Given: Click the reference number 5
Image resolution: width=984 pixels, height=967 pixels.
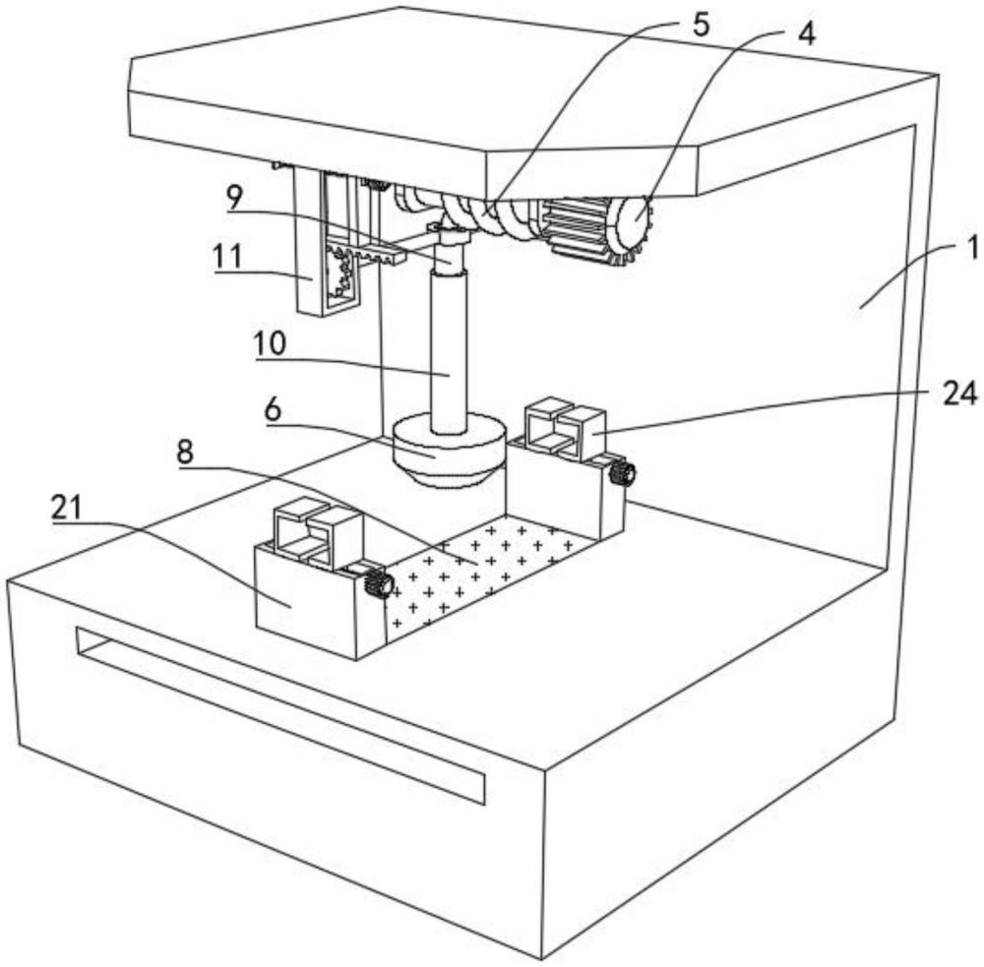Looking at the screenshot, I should point(700,26).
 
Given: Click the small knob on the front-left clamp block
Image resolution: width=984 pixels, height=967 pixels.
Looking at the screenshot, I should point(378,584).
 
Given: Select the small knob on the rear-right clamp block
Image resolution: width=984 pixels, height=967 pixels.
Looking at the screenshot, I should point(622,474).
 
